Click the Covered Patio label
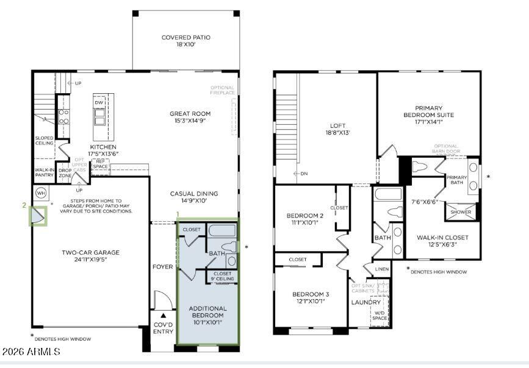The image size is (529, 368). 185,38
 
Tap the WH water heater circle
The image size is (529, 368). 41,194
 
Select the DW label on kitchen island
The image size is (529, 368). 99,103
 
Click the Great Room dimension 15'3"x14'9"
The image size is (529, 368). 190,121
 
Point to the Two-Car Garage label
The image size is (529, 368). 90,252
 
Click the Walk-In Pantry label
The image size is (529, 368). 45,173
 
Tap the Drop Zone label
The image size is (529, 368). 65,173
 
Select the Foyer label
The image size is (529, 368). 162,267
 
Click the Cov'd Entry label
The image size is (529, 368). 162,328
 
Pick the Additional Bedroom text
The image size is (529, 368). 207,312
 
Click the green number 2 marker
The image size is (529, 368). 24,206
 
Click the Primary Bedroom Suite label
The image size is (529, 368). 428,115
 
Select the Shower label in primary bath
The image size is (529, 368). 461,212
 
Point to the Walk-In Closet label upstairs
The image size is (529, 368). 442,237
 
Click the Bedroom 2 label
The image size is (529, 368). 305,216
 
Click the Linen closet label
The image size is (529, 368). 381,269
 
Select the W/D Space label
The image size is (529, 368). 380,316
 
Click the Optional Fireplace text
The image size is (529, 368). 223,91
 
